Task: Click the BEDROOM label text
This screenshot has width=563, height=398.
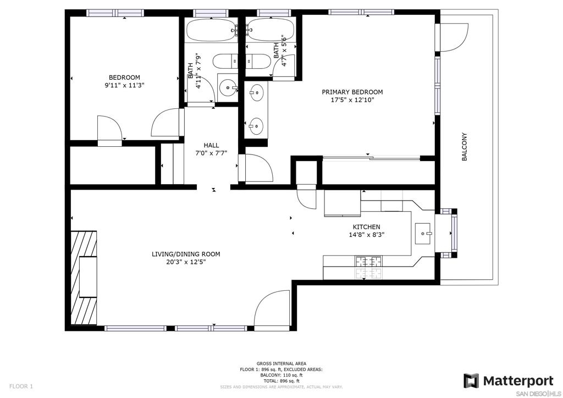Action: [x=124, y=78]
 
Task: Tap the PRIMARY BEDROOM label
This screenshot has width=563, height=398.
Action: [x=352, y=92]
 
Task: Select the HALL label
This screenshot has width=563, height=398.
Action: [x=211, y=145]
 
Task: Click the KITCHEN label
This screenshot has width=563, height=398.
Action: [x=366, y=227]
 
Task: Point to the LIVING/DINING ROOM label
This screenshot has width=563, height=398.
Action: [x=186, y=254]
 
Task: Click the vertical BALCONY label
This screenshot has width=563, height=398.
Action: [x=464, y=147]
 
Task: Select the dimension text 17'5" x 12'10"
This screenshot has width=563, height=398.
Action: [x=352, y=100]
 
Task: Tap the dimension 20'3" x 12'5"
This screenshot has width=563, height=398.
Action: [x=186, y=262]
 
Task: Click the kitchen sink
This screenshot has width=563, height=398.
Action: [x=423, y=234]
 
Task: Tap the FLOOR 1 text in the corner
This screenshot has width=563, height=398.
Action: [x=21, y=386]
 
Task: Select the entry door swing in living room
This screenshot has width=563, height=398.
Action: [x=271, y=308]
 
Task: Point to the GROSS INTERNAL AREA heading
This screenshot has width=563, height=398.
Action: [x=281, y=363]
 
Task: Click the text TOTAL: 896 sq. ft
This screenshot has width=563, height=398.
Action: [x=281, y=381]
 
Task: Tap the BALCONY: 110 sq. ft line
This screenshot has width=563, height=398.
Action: [x=281, y=375]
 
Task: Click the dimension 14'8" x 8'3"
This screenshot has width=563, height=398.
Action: [x=366, y=235]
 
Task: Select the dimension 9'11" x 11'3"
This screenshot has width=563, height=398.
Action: [x=124, y=85]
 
